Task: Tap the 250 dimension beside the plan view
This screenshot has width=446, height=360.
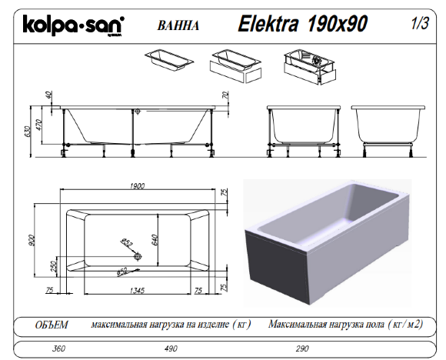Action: [53, 265]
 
